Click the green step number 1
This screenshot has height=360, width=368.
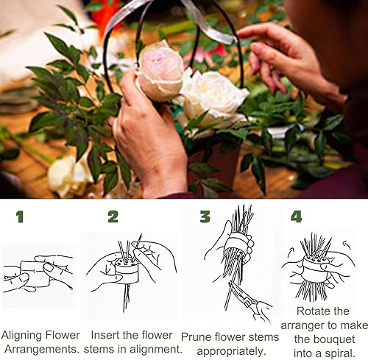(20, 217)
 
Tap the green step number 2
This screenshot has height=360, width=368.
(113, 216)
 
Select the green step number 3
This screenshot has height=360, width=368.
(205, 216)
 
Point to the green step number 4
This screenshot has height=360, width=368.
(297, 216)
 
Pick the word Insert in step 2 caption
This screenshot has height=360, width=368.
(104, 335)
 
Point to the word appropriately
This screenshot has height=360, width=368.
(232, 352)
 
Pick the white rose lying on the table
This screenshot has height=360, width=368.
(68, 175)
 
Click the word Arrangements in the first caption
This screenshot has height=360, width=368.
(41, 350)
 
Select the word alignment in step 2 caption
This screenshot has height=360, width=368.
(156, 349)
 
